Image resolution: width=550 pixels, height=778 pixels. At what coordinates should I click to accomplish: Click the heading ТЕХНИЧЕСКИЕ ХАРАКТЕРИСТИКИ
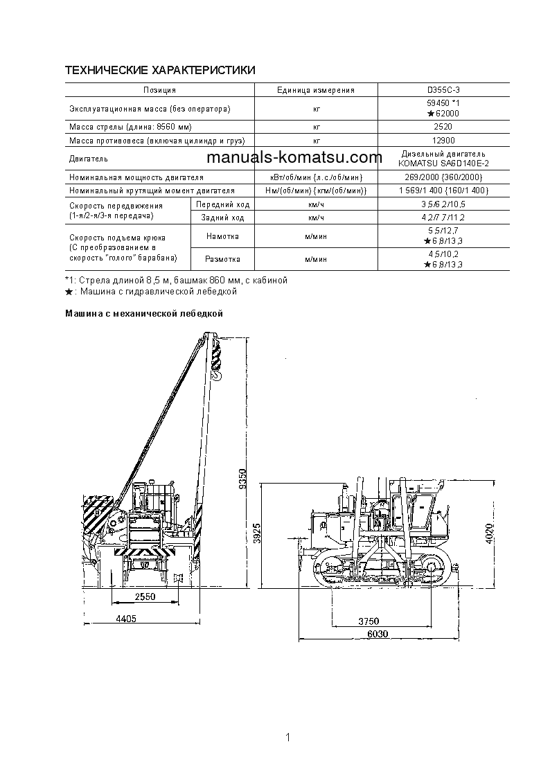pos(160,71)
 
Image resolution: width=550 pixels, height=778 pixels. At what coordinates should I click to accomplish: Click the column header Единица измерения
pos(315,90)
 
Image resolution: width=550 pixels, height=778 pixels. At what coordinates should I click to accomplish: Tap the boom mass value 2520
pos(443,127)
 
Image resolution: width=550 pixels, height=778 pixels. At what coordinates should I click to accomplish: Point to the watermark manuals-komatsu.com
pos(294,157)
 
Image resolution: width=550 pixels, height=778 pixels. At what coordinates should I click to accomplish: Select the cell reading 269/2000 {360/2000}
pos(443,177)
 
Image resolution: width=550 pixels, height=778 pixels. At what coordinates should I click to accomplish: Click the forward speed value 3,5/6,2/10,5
pos(443,205)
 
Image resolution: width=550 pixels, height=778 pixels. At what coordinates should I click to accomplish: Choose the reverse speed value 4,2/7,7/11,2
pos(443,218)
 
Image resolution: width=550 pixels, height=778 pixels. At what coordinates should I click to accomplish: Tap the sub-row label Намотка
pos(222,236)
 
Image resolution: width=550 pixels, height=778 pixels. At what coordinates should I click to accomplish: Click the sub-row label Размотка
pos(222,259)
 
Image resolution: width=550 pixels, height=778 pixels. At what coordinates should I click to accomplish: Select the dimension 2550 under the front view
pos(145,596)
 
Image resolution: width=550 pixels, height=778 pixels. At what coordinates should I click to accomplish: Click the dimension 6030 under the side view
pos(378,634)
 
